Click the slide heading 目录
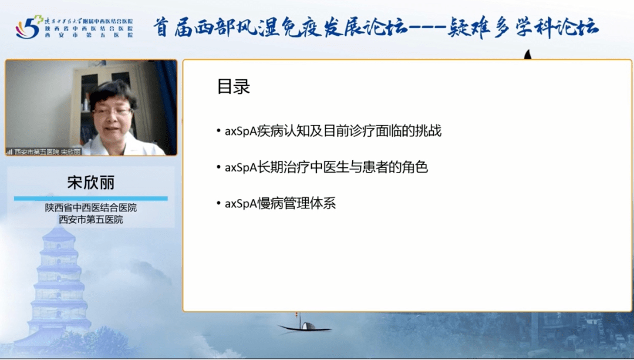(234, 87)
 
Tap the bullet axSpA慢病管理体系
(280, 204)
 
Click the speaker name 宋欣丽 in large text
(90, 183)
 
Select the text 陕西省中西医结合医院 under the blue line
(90, 208)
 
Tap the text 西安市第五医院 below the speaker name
(90, 220)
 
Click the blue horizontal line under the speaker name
(90, 198)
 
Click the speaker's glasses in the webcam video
(111, 110)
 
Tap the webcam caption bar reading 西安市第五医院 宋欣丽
(44, 152)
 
